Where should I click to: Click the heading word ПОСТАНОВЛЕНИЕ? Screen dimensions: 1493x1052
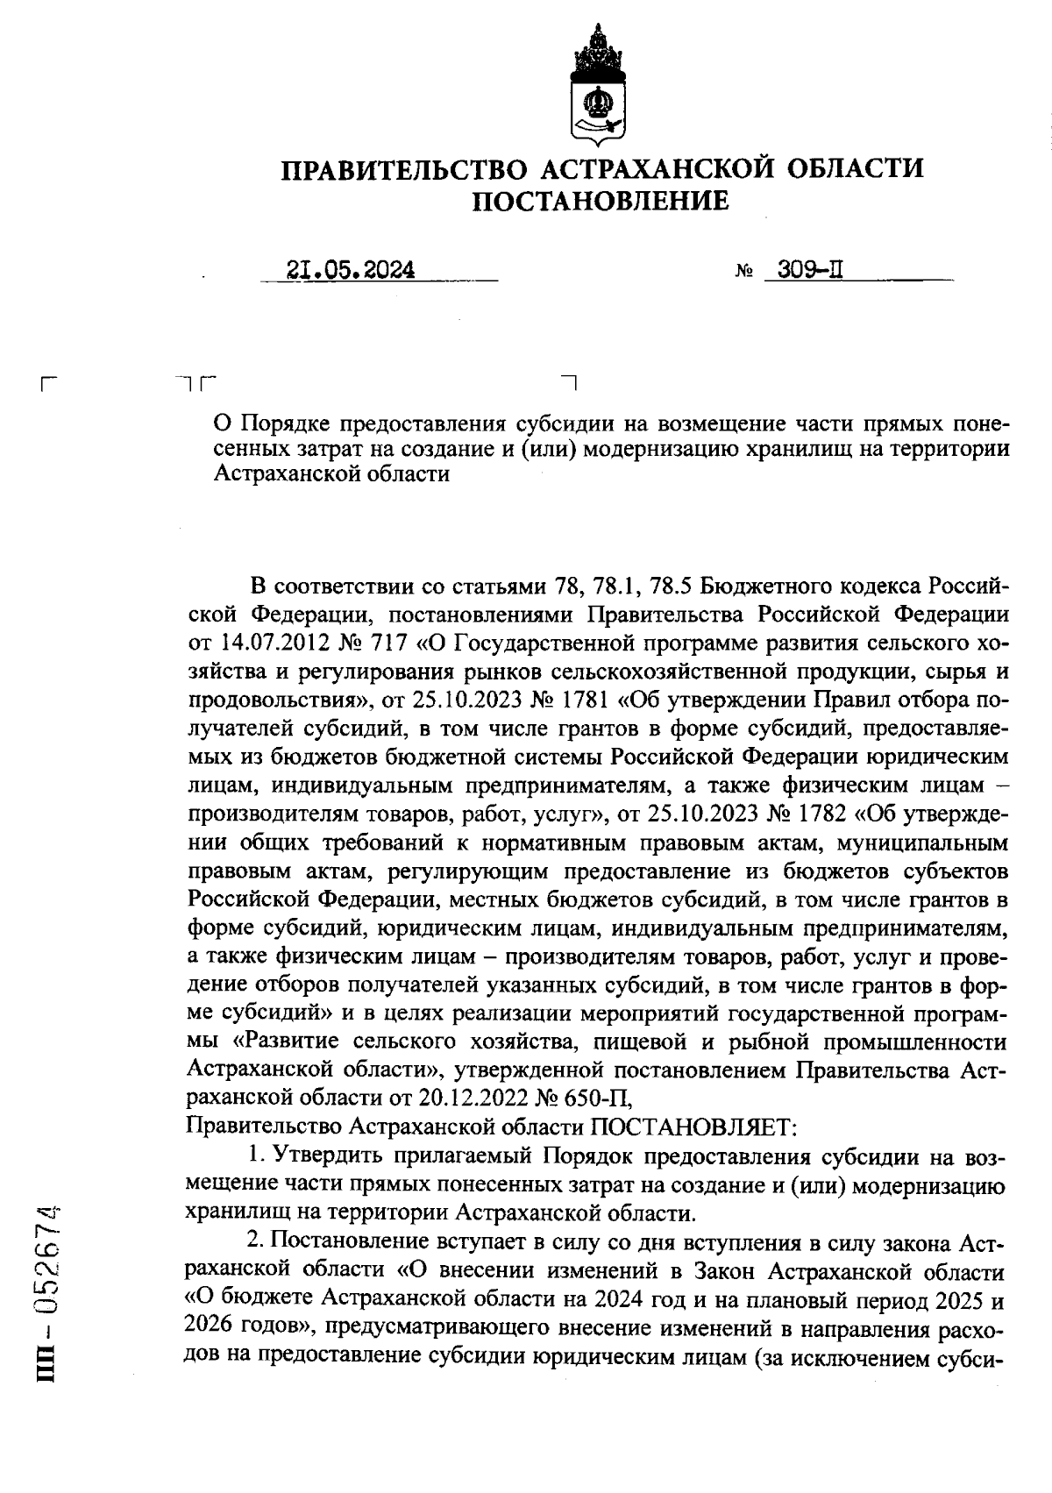coord(601,203)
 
